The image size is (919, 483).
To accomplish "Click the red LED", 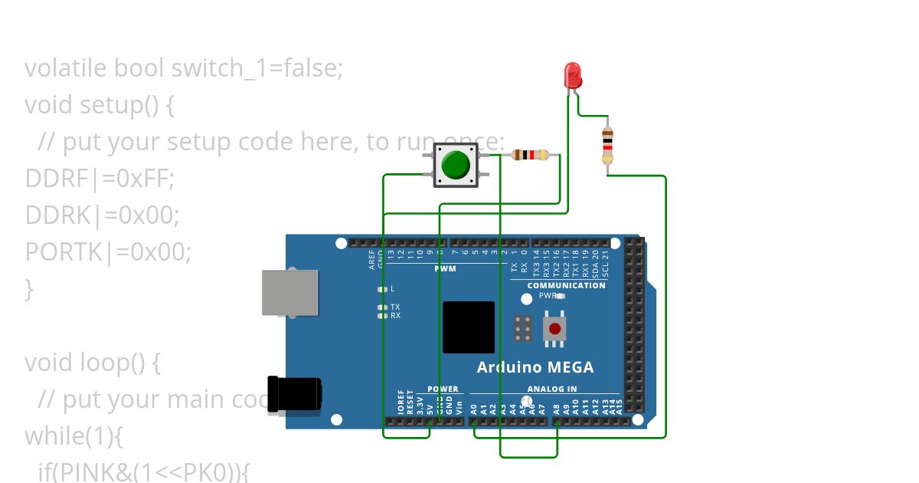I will (573, 75).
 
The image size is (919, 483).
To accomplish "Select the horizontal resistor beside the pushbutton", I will (530, 155).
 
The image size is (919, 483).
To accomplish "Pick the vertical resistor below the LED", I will (607, 145).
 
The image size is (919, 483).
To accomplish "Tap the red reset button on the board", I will (554, 329).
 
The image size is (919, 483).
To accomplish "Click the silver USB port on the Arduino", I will (289, 293).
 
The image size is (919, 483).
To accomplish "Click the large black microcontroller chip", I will (469, 327).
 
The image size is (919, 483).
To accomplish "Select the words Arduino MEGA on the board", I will (535, 367).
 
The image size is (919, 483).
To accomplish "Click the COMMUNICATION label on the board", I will (566, 285).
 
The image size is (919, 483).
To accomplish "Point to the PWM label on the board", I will (445, 269).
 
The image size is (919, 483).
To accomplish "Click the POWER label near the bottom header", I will (443, 389).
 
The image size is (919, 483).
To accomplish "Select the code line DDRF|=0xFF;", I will (100, 179).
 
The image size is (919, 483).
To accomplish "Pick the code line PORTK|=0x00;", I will (108, 251).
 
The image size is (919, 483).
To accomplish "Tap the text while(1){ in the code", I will (74, 435).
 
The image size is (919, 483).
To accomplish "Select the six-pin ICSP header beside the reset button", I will (523, 328).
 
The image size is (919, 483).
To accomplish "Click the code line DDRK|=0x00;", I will (102, 215).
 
